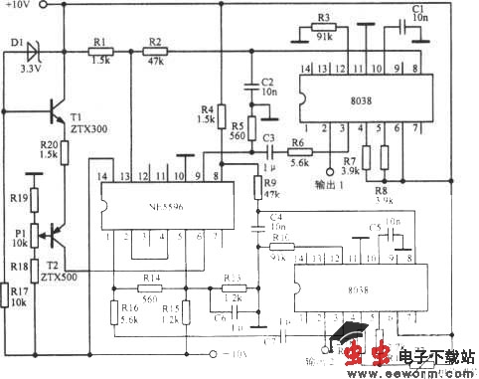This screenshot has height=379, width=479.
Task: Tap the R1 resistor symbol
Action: tap(99, 50)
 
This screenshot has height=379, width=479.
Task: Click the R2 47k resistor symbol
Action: tap(154, 50)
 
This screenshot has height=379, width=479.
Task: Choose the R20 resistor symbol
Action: tap(63, 151)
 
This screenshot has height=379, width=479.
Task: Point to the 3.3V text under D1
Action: tap(31, 71)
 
